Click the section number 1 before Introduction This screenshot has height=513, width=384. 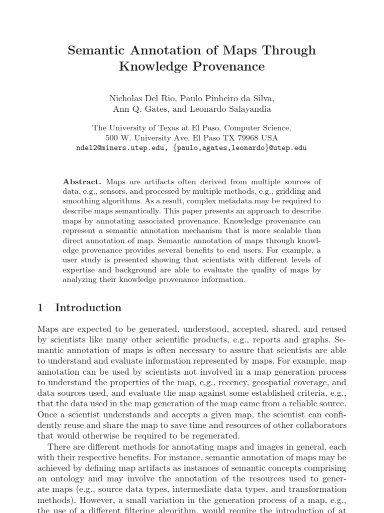tap(40, 308)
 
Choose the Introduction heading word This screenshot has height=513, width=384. tap(88, 308)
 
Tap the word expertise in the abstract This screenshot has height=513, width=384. tap(78, 270)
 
